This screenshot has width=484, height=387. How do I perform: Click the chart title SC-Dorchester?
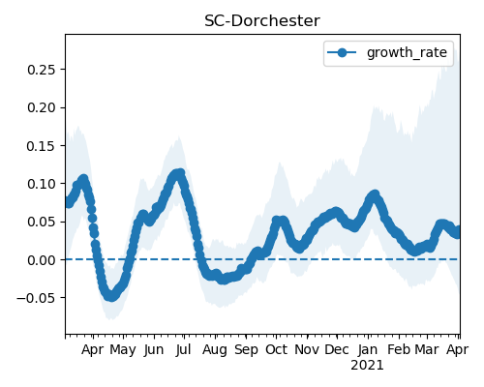[262, 21]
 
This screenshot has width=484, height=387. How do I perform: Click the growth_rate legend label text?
[407, 52]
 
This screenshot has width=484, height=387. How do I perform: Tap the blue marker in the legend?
[342, 52]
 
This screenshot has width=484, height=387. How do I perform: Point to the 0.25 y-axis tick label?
[43, 70]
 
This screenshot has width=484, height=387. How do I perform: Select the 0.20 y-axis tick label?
[43, 107]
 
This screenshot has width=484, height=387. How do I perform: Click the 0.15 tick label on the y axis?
[43, 146]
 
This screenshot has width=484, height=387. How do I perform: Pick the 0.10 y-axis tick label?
[43, 184]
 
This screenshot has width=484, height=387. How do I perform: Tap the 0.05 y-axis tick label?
[43, 222]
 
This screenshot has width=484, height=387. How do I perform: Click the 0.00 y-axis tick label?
[43, 260]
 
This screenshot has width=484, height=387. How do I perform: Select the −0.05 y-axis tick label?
[38, 298]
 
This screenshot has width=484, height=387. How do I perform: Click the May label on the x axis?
[123, 350]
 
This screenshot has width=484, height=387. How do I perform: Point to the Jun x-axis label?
[154, 350]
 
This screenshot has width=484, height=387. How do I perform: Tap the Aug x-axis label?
[215, 350]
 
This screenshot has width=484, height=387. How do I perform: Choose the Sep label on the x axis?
[246, 350]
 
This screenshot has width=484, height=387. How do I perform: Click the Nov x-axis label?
[307, 350]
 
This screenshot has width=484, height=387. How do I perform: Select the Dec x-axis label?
[337, 350]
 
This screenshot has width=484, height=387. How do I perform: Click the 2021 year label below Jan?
[367, 366]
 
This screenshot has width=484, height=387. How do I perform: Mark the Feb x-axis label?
[399, 350]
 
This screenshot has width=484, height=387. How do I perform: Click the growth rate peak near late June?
[180, 174]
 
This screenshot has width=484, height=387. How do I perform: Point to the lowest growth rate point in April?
[111, 296]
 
